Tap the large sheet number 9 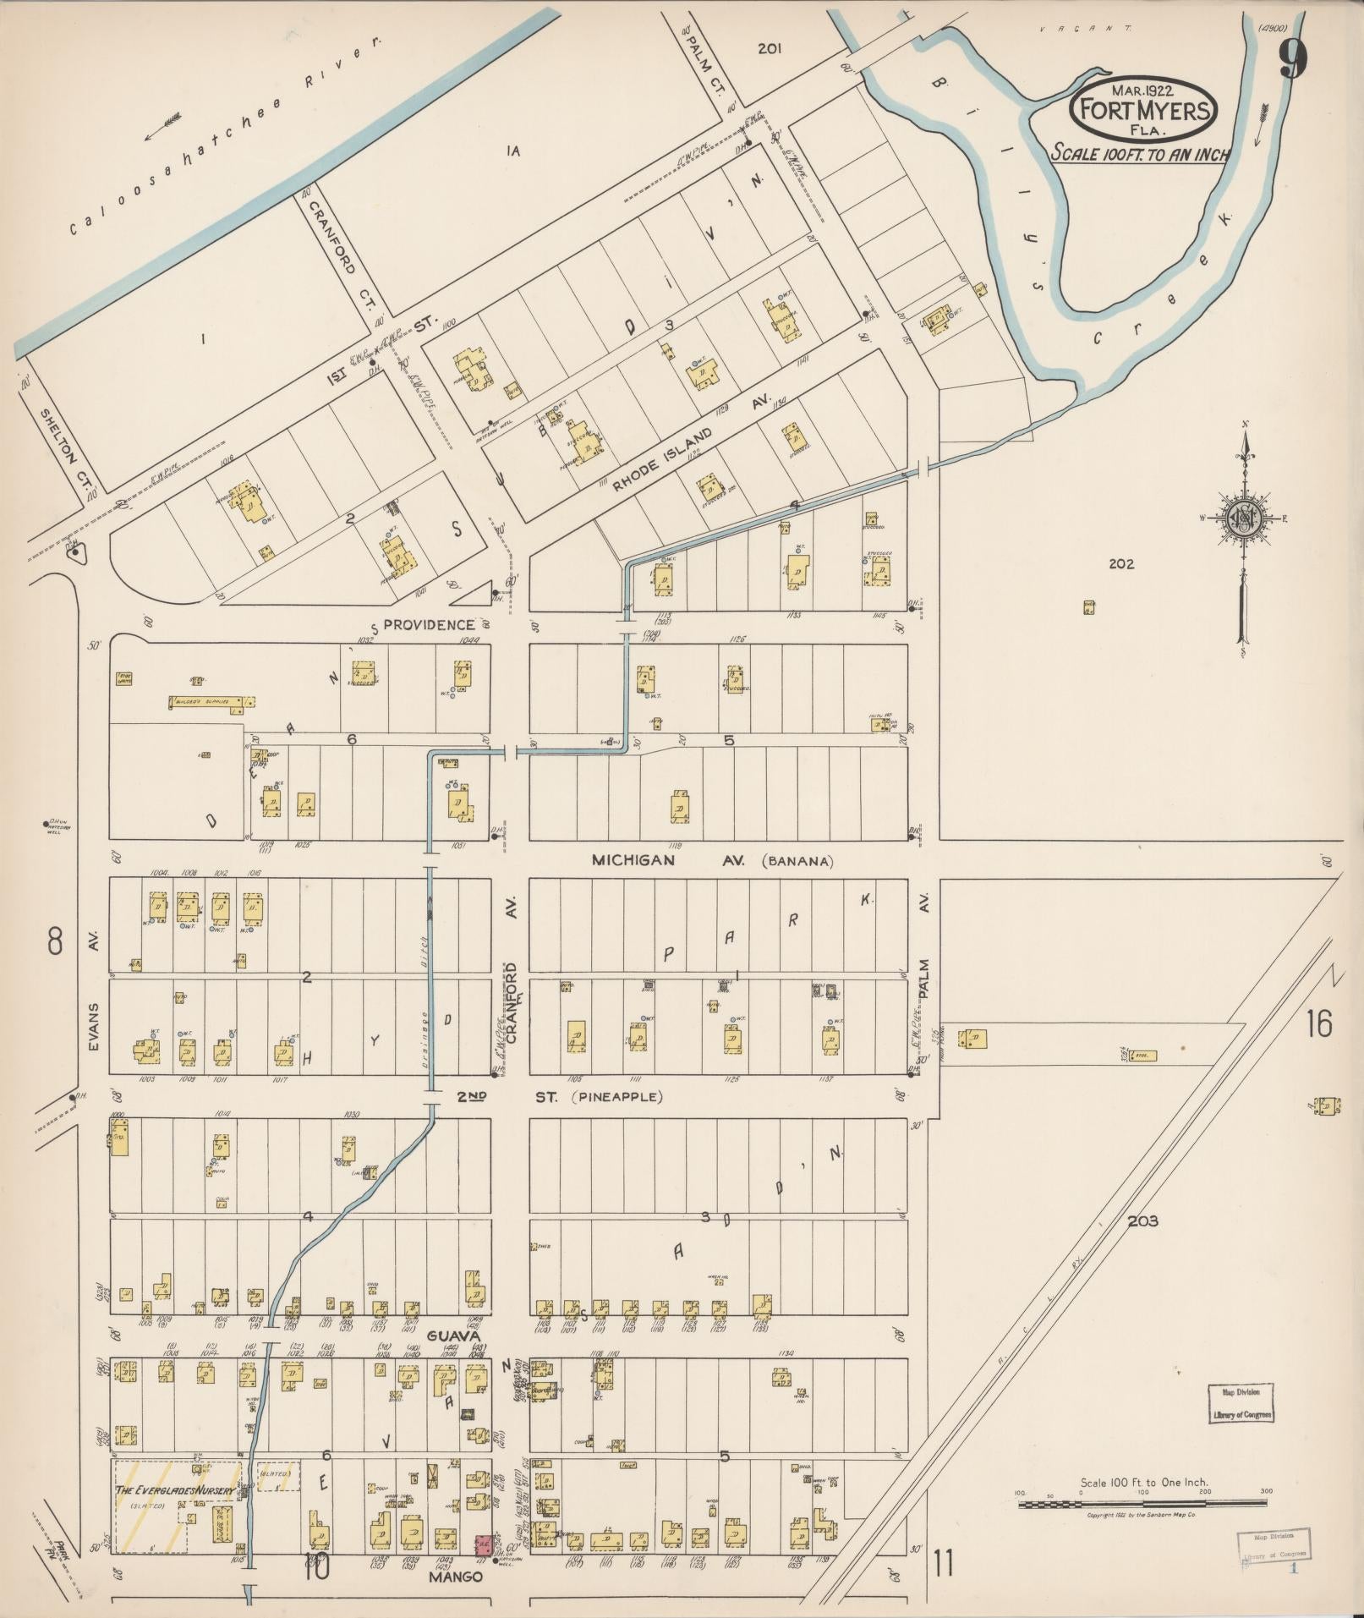(x=1294, y=59)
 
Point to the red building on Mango (x=484, y=1545)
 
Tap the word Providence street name (x=429, y=624)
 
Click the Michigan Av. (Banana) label (x=713, y=861)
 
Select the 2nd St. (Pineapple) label (x=559, y=1097)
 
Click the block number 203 (x=1142, y=1220)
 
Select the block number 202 (x=1121, y=564)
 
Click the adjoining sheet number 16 (x=1318, y=1024)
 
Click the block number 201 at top (x=769, y=49)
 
